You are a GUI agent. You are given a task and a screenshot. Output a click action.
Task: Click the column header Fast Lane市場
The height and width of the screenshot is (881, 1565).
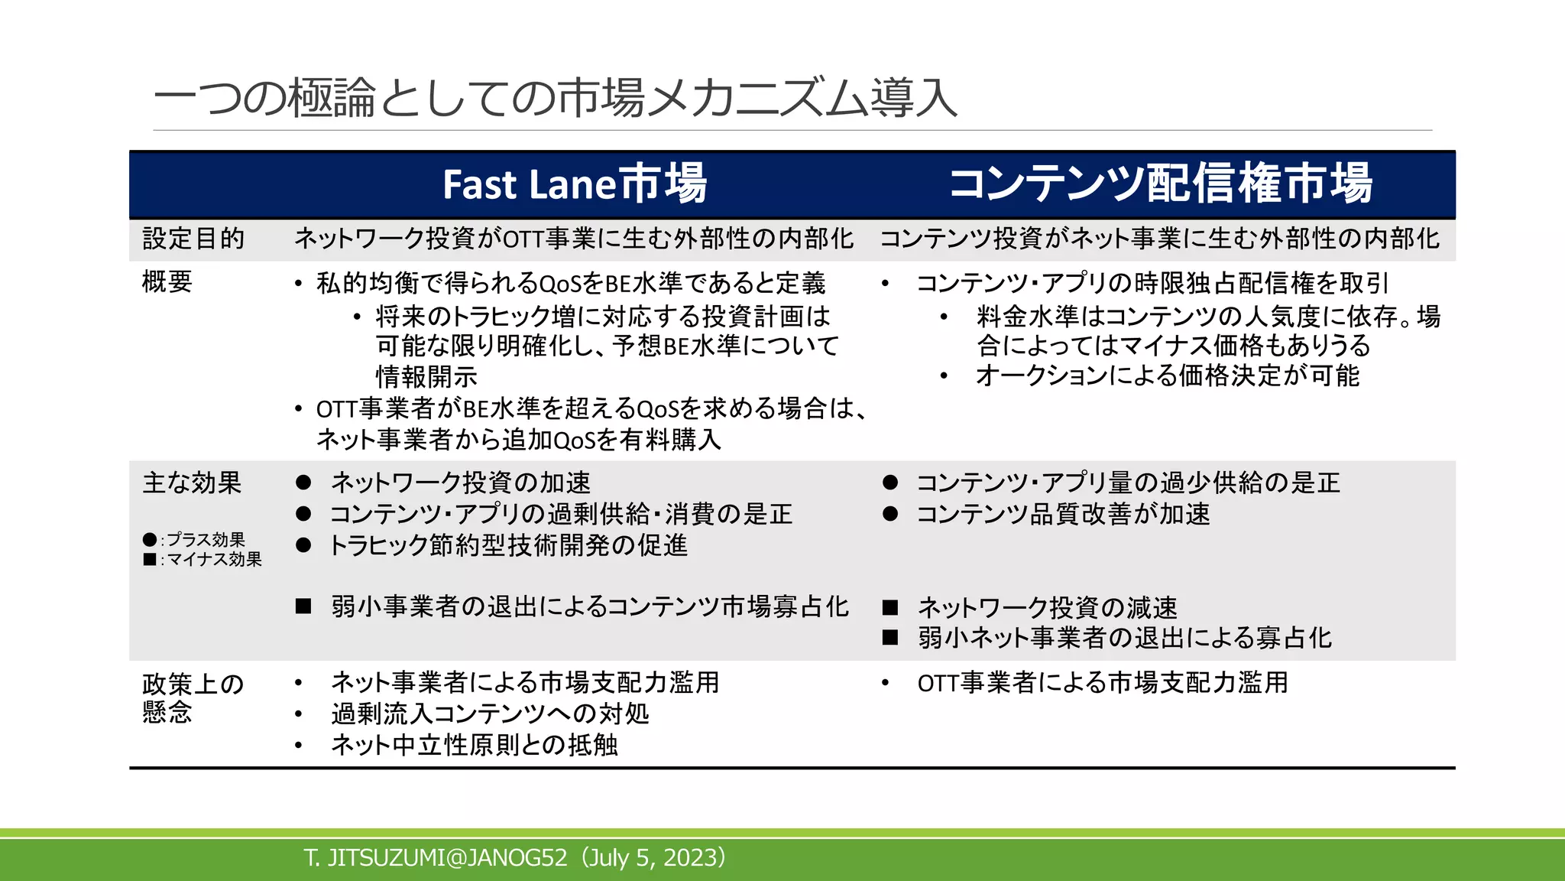point(575,184)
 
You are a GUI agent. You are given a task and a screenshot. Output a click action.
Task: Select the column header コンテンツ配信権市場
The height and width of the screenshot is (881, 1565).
point(1160,184)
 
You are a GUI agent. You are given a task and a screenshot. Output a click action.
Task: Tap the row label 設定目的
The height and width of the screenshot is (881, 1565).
point(193,239)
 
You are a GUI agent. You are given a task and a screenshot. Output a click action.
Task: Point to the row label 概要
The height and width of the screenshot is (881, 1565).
point(167,282)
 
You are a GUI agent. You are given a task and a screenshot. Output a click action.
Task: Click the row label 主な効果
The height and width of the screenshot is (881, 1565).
point(192,483)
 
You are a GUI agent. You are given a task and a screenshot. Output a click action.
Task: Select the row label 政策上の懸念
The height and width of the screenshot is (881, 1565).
point(193,697)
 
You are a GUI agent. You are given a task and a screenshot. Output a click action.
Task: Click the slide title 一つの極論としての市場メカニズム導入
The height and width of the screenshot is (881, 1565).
point(555,99)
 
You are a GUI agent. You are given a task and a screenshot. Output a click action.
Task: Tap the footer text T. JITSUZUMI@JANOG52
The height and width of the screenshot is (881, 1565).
point(436,857)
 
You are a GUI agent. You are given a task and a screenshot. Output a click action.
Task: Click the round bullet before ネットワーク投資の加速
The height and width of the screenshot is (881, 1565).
point(303,483)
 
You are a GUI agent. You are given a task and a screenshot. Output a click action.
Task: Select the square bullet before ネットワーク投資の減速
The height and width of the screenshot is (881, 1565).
point(889,607)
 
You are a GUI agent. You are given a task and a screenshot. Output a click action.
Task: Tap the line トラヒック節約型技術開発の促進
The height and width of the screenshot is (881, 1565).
point(508,545)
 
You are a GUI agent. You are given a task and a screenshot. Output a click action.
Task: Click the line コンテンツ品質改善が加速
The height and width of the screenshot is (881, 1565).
point(1063,514)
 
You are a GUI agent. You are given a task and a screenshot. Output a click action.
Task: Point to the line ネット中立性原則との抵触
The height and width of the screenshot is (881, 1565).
point(474,745)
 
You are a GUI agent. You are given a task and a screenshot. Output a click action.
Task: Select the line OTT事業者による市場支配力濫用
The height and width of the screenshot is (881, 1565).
point(1103,682)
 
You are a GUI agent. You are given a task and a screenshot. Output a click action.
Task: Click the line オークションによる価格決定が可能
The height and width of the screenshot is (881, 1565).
point(1167,375)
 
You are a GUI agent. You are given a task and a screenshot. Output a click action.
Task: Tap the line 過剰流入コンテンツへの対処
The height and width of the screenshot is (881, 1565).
point(490,714)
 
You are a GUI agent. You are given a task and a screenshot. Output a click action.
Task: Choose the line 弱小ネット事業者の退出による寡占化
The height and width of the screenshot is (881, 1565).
point(1124,638)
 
